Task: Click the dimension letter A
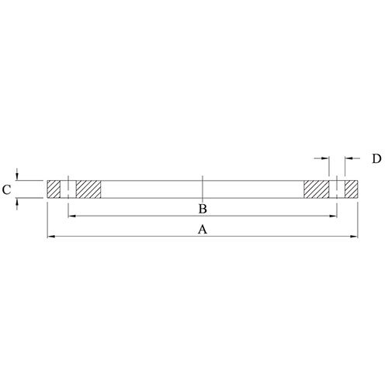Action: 203,230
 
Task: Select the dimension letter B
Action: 202,209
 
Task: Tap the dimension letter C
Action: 5,189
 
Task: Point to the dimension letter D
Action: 376,158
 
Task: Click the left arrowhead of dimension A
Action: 51,235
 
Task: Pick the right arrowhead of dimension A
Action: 355,235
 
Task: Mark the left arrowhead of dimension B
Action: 71,214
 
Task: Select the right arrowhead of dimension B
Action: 334,214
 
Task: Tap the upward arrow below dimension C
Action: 19,201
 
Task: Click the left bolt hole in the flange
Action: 68,189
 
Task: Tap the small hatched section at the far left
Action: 54,189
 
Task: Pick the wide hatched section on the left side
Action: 88,189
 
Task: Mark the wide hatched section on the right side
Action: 317,189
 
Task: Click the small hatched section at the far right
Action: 352,189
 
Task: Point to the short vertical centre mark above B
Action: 202,187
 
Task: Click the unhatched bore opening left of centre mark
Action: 151,189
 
